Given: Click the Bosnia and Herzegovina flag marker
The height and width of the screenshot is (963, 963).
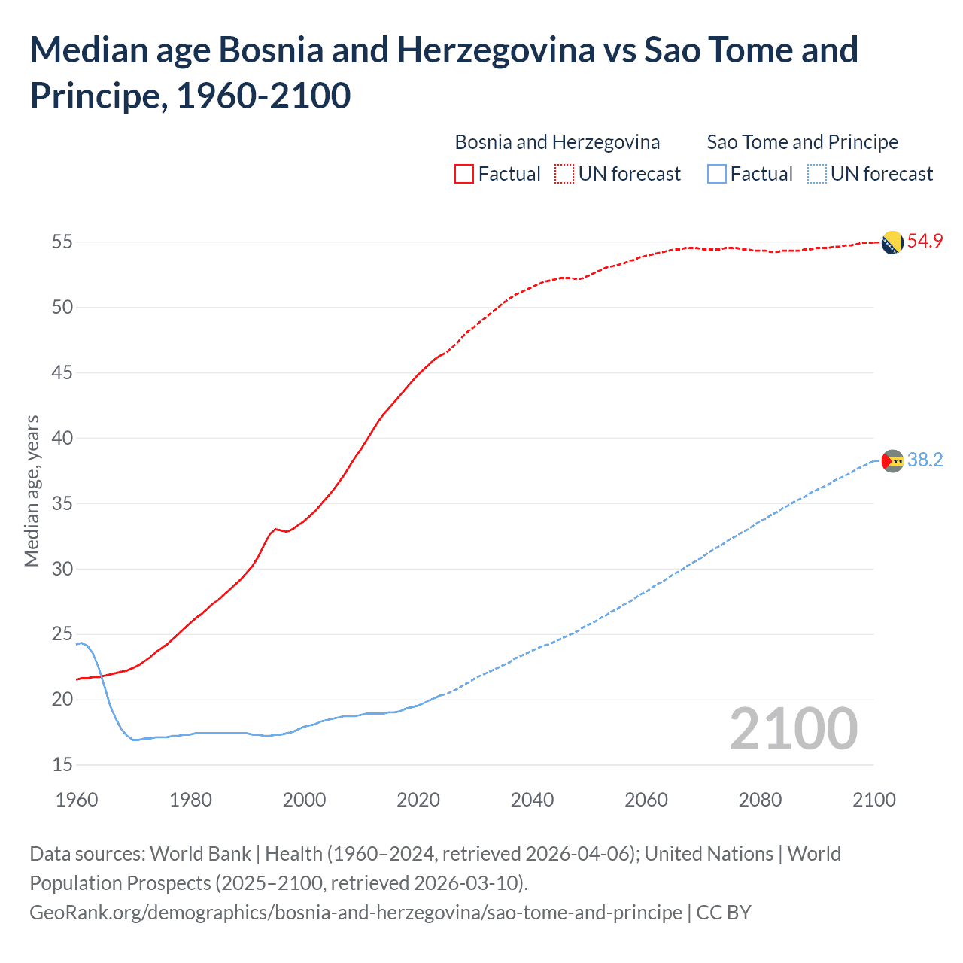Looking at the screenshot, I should point(892,242).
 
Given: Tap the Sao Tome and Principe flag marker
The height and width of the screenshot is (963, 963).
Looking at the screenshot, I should point(892,460).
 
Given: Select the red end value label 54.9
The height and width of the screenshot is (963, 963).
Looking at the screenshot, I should point(925,241).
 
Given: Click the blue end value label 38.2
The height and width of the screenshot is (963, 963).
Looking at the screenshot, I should point(925,460).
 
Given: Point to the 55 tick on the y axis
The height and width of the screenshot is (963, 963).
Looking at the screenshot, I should point(62,242).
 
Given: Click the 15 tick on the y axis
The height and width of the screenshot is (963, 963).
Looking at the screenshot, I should point(62,764).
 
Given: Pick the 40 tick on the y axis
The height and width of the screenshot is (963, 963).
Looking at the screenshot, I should point(62,438).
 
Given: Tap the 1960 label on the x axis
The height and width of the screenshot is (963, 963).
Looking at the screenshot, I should point(77,799).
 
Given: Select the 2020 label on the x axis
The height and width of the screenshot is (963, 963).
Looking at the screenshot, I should point(418,799).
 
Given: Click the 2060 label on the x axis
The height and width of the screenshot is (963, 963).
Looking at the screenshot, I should point(646,799).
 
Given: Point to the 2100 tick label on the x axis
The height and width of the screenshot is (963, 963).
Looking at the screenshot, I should point(874,799).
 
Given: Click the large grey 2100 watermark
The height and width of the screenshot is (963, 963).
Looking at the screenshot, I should point(794,728).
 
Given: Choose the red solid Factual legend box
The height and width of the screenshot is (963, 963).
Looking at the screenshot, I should point(464,174).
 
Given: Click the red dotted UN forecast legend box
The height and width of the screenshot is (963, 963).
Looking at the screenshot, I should point(564,174).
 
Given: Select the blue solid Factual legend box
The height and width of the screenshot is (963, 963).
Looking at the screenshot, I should point(717,174).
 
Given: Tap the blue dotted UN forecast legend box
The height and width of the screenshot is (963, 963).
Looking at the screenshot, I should point(816,174).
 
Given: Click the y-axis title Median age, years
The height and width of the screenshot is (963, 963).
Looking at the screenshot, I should point(32,491).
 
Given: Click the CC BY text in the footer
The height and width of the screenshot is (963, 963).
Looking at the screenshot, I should point(724,912).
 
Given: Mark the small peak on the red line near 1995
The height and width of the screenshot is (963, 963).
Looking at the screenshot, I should point(275,529).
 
